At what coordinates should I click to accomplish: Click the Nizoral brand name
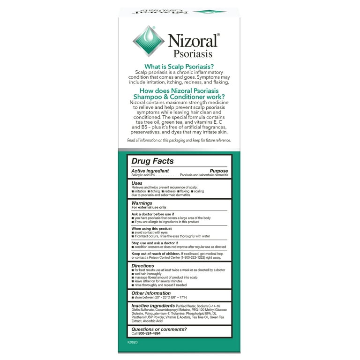[x=193, y=41]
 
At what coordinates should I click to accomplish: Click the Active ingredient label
[x=150, y=171]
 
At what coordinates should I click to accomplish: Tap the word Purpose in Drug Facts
[x=218, y=171]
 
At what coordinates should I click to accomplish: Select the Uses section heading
[x=137, y=183]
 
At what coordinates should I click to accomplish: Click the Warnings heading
[x=142, y=203]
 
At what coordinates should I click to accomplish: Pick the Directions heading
[x=143, y=266]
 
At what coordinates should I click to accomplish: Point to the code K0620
[x=133, y=342]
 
